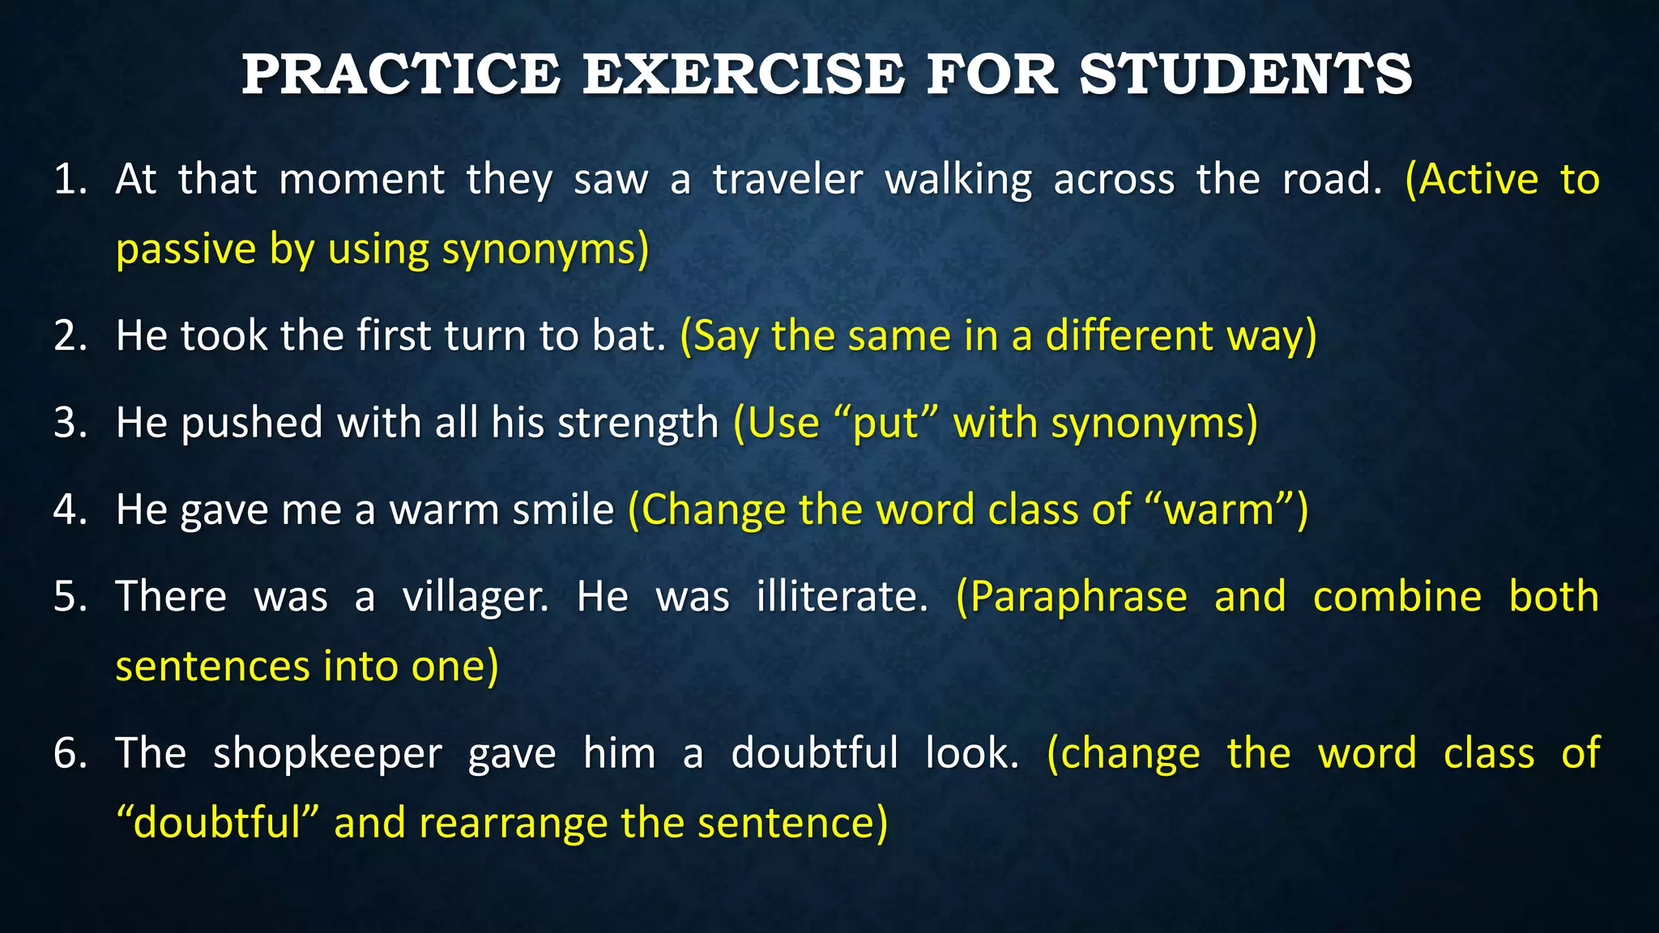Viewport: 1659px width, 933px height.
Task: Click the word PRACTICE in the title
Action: pos(401,74)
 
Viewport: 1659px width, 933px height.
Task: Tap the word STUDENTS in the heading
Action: pos(1246,74)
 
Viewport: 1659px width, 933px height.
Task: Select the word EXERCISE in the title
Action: pos(743,74)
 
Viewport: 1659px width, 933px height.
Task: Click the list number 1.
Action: pos(70,179)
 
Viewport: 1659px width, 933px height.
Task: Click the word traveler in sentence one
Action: pos(787,179)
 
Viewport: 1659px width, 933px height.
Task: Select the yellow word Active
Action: pos(1478,179)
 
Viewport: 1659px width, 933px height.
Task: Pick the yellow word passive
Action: pos(186,250)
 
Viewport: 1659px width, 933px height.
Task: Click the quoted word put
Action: pos(886,423)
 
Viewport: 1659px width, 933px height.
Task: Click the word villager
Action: pos(475,598)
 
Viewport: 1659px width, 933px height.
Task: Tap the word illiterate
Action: pos(842,596)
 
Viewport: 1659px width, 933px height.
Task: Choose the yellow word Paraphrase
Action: pos(1078,598)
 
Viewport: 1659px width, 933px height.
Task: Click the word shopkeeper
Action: pos(327,754)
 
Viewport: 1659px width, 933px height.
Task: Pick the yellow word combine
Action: pos(1397,596)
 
